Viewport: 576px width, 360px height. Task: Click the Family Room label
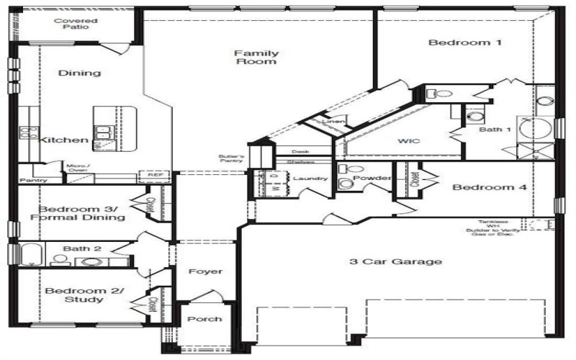click(x=256, y=57)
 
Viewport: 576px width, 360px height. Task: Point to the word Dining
click(x=79, y=73)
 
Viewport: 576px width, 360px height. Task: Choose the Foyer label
click(x=204, y=271)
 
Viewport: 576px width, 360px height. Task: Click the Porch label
click(x=204, y=319)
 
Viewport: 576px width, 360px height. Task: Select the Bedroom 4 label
click(x=490, y=188)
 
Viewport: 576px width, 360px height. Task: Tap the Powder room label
click(x=372, y=179)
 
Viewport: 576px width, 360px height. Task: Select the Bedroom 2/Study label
click(x=84, y=294)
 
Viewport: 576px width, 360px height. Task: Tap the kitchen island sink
click(x=104, y=132)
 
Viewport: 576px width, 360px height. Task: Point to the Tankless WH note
click(x=493, y=226)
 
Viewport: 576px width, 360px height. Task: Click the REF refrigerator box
click(x=154, y=175)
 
